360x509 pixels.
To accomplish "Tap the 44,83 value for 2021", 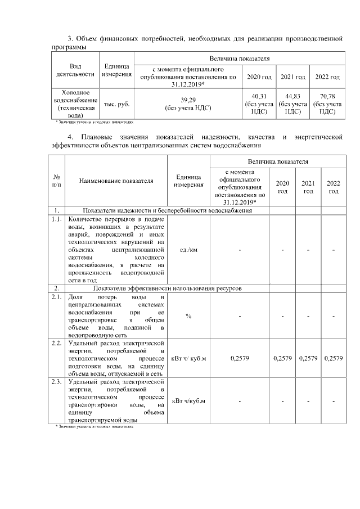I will coord(293,96).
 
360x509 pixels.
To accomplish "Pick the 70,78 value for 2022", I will coord(327,96).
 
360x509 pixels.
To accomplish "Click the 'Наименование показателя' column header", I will coord(116,181).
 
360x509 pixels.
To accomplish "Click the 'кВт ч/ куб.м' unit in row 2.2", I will coord(188,358).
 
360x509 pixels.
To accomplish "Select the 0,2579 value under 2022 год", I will coord(334,358).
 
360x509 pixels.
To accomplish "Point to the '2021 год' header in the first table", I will coord(293,76).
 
